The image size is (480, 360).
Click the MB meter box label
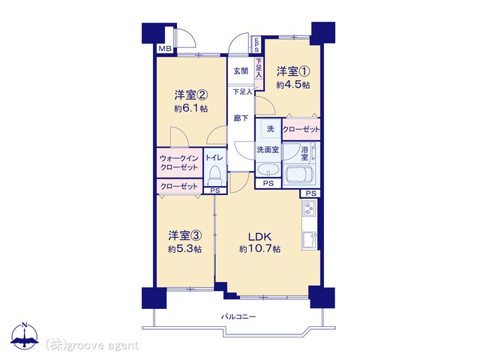click(x=165, y=48)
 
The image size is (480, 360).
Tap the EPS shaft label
click(x=256, y=45)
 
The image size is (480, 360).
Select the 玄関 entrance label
click(x=241, y=71)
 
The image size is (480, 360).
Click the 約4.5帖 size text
click(x=293, y=85)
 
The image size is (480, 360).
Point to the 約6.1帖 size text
click(x=191, y=109)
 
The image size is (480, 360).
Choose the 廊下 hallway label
click(x=241, y=118)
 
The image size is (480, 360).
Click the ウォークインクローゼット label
click(x=179, y=163)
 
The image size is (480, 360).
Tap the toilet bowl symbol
click(x=215, y=175)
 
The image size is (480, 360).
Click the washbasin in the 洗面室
click(x=268, y=169)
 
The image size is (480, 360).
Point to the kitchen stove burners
click(x=309, y=208)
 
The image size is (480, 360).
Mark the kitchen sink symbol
click(x=310, y=241)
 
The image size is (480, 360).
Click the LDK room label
click(x=259, y=237)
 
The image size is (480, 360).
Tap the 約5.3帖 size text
click(x=184, y=249)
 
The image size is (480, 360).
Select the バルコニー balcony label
click(x=238, y=316)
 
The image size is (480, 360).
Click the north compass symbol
click(x=25, y=335)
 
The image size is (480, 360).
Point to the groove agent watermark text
click(x=92, y=346)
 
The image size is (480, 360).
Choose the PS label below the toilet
click(x=215, y=190)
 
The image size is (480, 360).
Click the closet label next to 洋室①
click(x=301, y=129)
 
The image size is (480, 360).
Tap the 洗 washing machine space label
click(x=270, y=129)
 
